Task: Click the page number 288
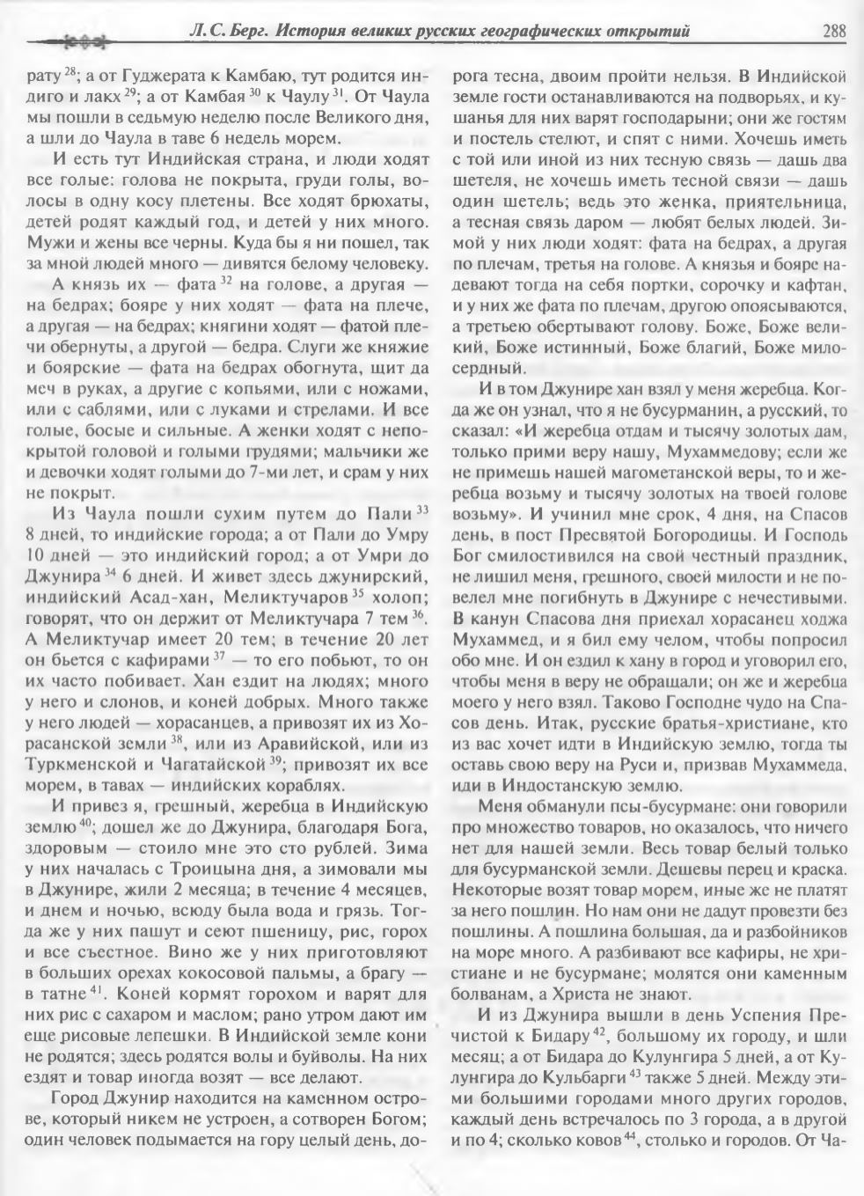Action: coord(833,32)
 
